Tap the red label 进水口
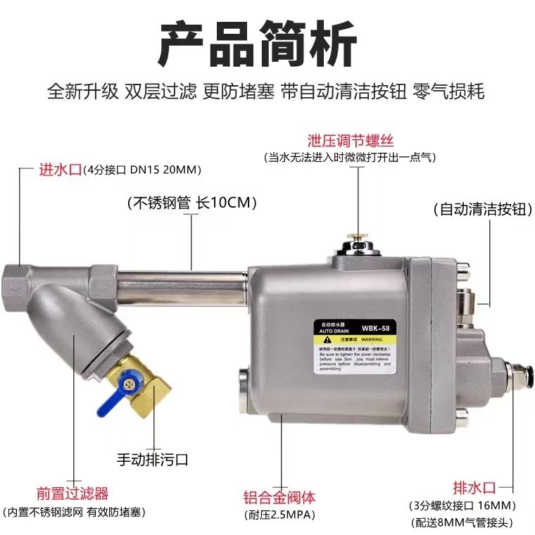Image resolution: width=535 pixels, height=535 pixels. point(60,170)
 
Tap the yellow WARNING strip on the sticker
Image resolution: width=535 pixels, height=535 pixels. point(355,339)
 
